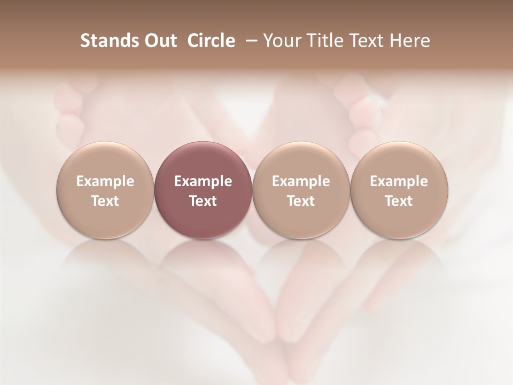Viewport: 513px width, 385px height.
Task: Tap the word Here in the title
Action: [410, 41]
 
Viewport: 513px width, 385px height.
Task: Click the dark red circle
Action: [203, 189]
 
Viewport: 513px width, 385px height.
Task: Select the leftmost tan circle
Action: [105, 189]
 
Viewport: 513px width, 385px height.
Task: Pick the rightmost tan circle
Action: [399, 189]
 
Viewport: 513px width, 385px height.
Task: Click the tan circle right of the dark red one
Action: [301, 189]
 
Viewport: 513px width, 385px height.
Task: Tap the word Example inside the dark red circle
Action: [203, 181]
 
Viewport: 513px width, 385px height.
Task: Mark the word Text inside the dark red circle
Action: [203, 201]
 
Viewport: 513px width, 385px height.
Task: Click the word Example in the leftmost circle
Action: [105, 181]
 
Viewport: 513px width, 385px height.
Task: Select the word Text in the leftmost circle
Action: [105, 201]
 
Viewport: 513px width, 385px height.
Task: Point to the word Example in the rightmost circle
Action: [399, 181]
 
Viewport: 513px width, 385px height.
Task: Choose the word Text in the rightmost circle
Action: [399, 201]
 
